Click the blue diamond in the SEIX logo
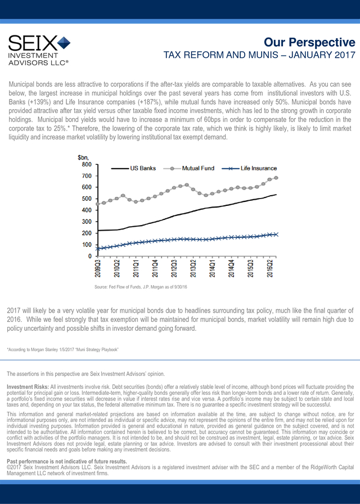click(64, 43)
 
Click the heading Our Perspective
click(309, 42)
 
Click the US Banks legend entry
click(133, 168)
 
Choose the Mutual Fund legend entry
click(189, 168)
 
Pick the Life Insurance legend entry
click(249, 168)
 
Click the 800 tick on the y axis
click(87, 165)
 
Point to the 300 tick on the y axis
click(87, 222)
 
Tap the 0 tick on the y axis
click(90, 256)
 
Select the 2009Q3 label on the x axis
click(98, 269)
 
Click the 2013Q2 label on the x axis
click(193, 269)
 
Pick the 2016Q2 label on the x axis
click(269, 269)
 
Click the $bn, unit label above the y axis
click(83, 158)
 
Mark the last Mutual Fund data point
click(276, 178)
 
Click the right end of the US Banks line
click(276, 195)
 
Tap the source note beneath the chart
click(141, 287)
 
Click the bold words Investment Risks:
click(28, 386)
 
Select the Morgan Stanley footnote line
click(62, 349)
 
